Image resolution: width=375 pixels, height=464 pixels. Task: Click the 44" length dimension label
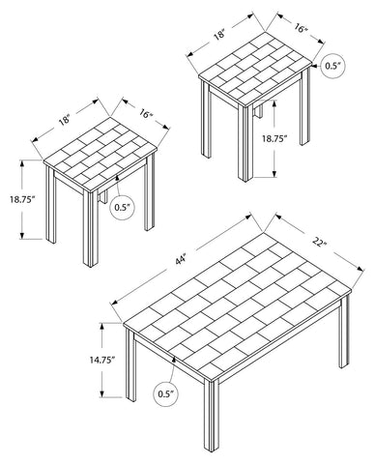(182, 260)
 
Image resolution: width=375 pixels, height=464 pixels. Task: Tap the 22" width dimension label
(319, 243)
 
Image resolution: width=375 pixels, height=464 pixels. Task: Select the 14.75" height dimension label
(102, 360)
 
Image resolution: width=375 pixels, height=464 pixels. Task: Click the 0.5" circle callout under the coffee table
(165, 393)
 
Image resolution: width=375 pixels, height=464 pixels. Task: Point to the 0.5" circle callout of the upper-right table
(332, 66)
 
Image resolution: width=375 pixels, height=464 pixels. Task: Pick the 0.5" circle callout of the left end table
(122, 208)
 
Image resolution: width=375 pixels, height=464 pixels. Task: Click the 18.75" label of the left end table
(22, 199)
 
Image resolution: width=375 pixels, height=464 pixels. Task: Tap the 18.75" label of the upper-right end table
(274, 139)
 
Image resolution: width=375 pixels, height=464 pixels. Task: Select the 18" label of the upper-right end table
(219, 34)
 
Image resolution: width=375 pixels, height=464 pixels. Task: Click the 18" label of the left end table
(65, 120)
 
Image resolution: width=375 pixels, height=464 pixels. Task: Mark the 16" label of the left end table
(146, 113)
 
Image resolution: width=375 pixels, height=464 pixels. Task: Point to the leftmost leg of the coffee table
(130, 365)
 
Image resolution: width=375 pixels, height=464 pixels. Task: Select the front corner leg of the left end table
(91, 229)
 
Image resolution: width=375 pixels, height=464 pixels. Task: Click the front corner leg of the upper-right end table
(245, 144)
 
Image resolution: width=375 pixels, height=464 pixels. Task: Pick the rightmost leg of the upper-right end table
(304, 106)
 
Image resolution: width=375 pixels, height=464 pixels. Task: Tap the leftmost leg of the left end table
(50, 205)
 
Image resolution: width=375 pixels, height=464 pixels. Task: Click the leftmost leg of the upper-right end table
(206, 119)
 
